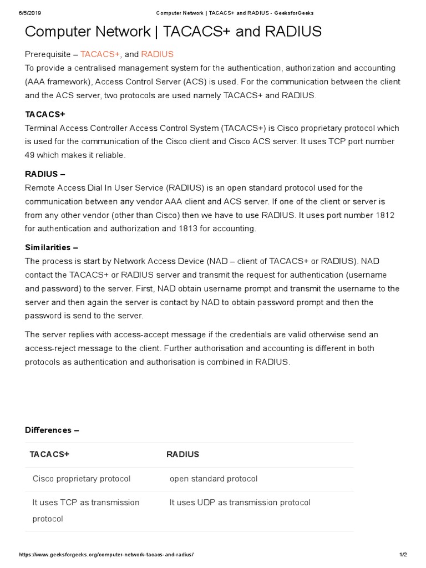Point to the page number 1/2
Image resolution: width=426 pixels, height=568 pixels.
(403, 555)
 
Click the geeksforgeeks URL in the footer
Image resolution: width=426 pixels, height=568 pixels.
(106, 555)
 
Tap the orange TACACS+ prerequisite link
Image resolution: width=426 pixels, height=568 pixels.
(100, 54)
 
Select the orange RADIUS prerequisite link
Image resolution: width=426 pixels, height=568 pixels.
(157, 54)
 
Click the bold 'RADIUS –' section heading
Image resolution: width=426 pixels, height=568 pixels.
(45, 174)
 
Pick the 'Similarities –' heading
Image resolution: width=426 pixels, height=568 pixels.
(52, 247)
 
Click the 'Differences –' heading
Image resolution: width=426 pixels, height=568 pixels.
(52, 430)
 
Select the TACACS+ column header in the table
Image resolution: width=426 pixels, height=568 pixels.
(49, 454)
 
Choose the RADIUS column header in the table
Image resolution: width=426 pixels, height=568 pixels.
(182, 454)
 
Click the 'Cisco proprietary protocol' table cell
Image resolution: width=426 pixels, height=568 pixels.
(82, 478)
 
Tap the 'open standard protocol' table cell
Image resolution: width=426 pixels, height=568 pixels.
(214, 478)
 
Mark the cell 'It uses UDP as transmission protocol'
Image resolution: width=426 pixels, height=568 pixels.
(240, 502)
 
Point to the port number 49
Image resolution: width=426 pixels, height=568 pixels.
(30, 155)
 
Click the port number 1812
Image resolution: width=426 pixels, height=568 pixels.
(384, 215)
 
